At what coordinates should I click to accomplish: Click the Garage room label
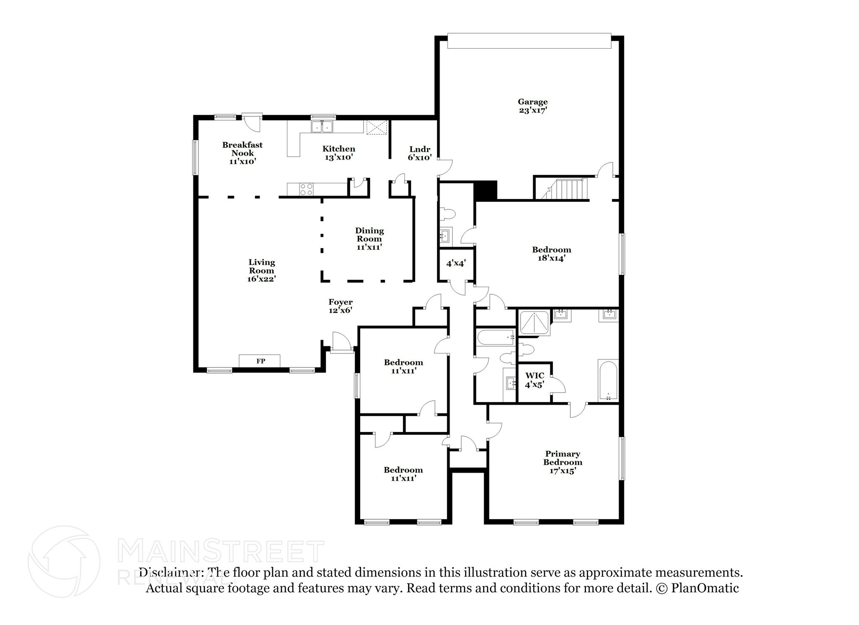click(532, 106)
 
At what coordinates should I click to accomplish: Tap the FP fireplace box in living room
click(260, 361)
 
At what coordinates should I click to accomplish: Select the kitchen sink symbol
click(322, 127)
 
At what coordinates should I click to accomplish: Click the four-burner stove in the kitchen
click(306, 189)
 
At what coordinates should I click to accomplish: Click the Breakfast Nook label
click(242, 153)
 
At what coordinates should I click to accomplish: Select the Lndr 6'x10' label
click(419, 153)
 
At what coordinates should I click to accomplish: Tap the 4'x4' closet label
click(456, 264)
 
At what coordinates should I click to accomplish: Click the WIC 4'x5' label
click(534, 380)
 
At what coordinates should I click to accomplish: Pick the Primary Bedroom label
click(562, 462)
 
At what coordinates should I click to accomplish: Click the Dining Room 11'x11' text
click(369, 238)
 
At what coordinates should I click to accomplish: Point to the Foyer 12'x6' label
click(340, 306)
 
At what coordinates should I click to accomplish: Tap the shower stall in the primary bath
click(534, 323)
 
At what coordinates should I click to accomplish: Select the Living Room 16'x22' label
click(261, 270)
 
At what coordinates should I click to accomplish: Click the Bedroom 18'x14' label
click(551, 254)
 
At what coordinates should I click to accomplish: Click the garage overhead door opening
click(529, 41)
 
